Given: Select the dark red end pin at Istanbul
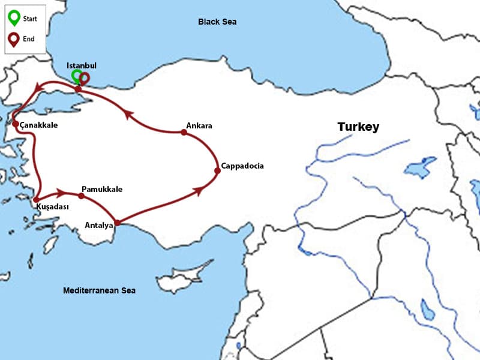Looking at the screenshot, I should click(x=85, y=78).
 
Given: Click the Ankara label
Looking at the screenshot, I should click(x=199, y=125).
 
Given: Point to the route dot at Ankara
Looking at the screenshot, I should click(x=184, y=133).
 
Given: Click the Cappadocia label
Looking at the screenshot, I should click(x=242, y=166).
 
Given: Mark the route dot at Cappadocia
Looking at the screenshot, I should click(x=217, y=170).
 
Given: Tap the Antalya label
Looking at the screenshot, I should click(x=99, y=226).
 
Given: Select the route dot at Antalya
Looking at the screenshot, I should click(x=117, y=223).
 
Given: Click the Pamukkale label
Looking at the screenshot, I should click(x=101, y=189).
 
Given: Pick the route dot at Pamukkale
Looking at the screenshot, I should click(x=81, y=196).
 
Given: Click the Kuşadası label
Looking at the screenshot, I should click(x=52, y=206).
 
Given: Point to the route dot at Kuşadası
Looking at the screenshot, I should click(x=37, y=199).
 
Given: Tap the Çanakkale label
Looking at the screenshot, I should click(x=38, y=125).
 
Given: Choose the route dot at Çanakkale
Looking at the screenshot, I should click(x=16, y=124).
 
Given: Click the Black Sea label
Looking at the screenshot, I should click(x=217, y=22).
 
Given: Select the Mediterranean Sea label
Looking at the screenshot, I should click(x=99, y=290).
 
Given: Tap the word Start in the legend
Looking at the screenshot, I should click(x=29, y=19).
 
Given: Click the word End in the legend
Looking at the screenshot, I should click(x=28, y=38).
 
